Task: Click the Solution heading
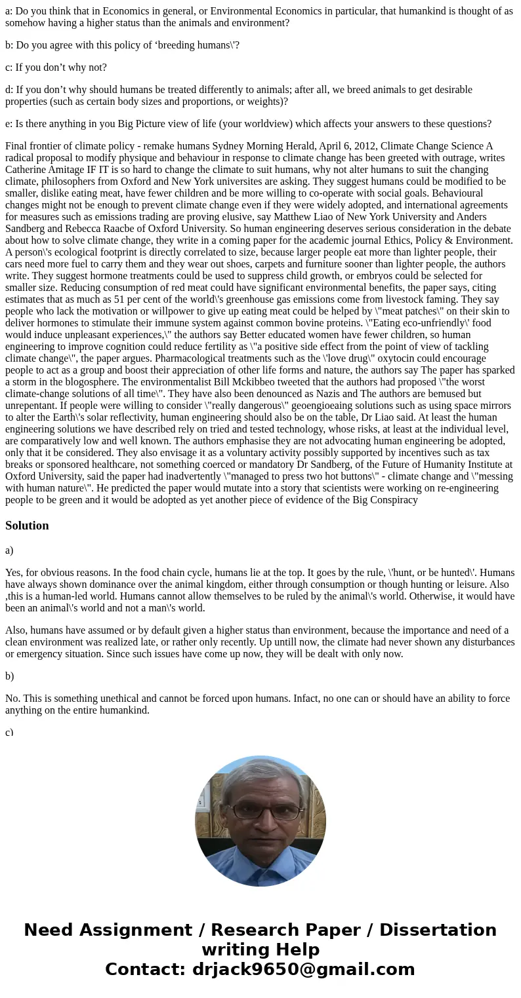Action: pos(27,526)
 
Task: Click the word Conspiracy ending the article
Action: pos(393,500)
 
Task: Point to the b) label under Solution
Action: pos(10,676)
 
